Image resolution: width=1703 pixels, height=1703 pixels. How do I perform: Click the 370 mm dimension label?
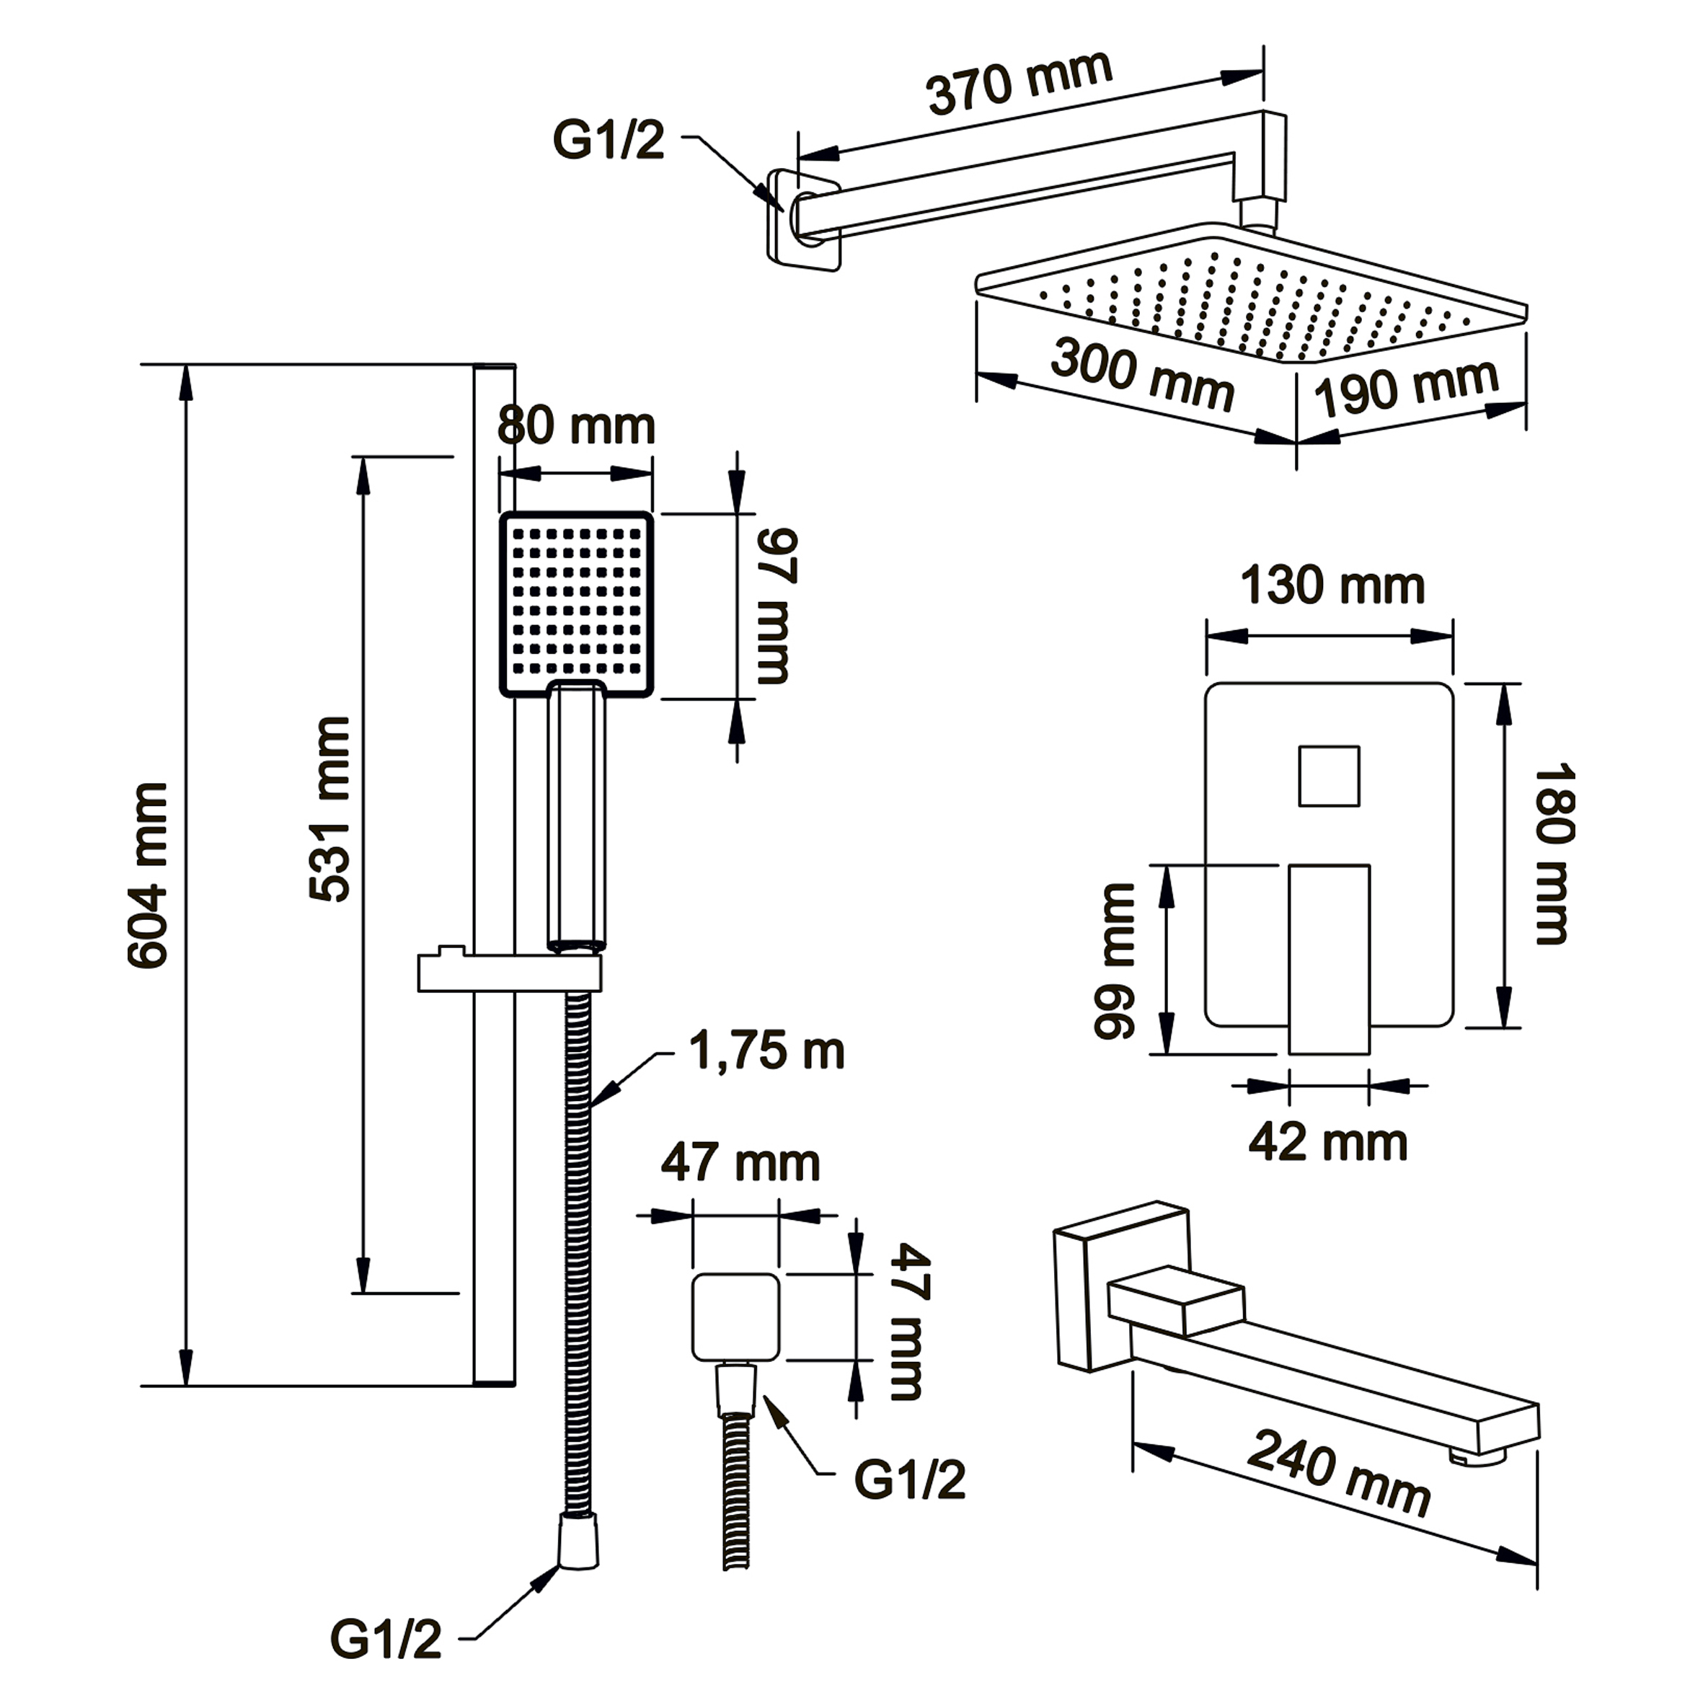pyautogui.click(x=1018, y=83)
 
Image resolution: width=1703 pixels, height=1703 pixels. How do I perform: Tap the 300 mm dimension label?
pyautogui.click(x=1141, y=375)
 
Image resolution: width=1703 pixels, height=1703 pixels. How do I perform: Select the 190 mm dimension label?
pyautogui.click(x=1406, y=388)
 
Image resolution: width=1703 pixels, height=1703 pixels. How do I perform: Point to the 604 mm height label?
pyautogui.click(x=148, y=875)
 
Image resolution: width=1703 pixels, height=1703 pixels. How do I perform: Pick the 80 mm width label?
pyautogui.click(x=575, y=427)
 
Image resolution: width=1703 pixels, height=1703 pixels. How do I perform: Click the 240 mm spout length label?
pyautogui.click(x=1339, y=1473)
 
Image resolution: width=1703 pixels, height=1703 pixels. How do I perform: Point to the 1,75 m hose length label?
pyautogui.click(x=766, y=1050)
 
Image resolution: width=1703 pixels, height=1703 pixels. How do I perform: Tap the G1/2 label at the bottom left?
pyautogui.click(x=385, y=1640)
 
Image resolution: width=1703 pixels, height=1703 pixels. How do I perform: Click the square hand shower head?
pyautogui.click(x=577, y=603)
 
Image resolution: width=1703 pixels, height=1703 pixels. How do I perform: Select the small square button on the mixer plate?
pyautogui.click(x=1328, y=776)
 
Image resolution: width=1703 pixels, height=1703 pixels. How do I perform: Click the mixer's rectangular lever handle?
pyautogui.click(x=1328, y=959)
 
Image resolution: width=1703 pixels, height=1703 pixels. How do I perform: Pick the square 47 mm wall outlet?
pyautogui.click(x=735, y=1317)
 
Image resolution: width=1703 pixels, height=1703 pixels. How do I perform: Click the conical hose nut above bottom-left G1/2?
pyautogui.click(x=578, y=1541)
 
